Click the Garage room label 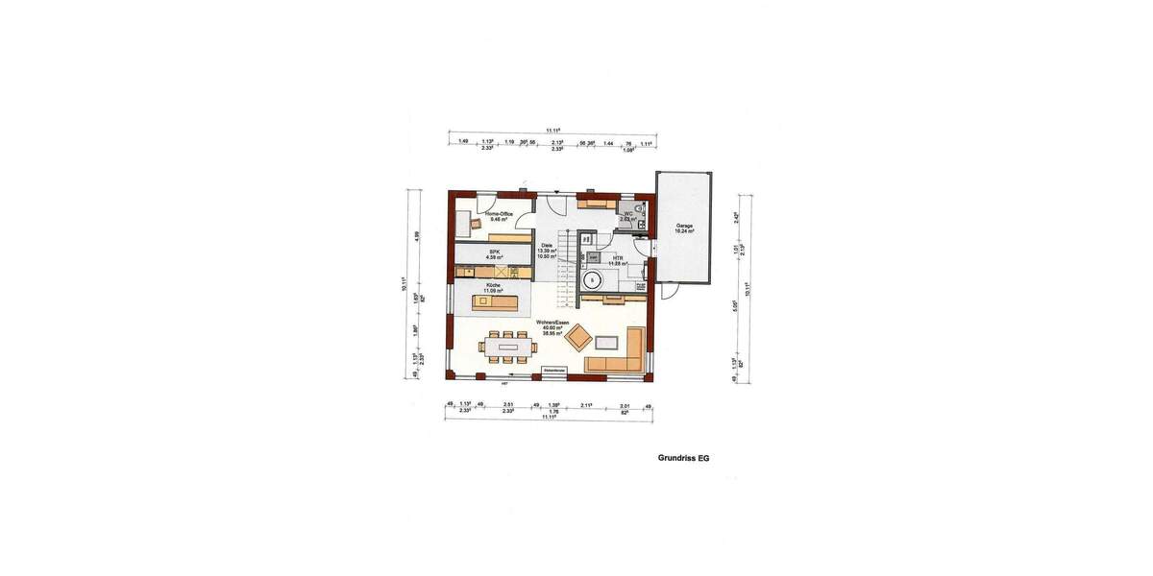pos(684,228)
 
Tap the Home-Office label pos(498,216)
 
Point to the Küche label pos(494,288)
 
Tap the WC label pos(628,215)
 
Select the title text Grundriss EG pos(683,459)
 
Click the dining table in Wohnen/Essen pos(505,347)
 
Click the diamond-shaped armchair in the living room pos(578,337)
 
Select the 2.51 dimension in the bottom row pos(507,406)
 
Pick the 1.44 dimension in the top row pos(608,142)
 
